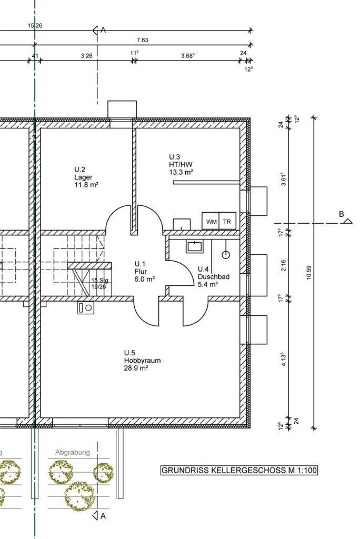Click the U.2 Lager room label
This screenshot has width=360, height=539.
tap(86, 177)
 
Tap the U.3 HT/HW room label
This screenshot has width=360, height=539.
tap(181, 165)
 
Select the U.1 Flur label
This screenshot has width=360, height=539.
tap(144, 272)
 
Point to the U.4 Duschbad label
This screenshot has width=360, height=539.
tap(214, 277)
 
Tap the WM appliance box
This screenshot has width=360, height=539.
tap(211, 221)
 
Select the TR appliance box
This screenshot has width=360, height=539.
tap(227, 221)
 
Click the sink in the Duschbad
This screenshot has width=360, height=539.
tap(195, 246)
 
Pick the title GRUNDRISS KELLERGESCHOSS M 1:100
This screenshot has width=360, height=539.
tap(239, 470)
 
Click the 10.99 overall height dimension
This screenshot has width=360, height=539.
tap(308, 273)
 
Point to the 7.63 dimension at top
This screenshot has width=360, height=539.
tap(142, 40)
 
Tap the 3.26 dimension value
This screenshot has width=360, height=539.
tap(87, 56)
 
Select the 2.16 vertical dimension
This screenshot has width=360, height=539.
tap(283, 266)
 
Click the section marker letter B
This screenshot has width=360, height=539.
tap(342, 214)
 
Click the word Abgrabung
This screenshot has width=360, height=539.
tap(73, 452)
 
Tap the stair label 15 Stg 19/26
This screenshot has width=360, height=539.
tap(99, 283)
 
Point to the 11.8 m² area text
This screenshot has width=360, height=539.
tap(86, 185)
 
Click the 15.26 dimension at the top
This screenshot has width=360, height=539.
tap(35, 25)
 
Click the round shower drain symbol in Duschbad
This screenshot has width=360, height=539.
tap(226, 255)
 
